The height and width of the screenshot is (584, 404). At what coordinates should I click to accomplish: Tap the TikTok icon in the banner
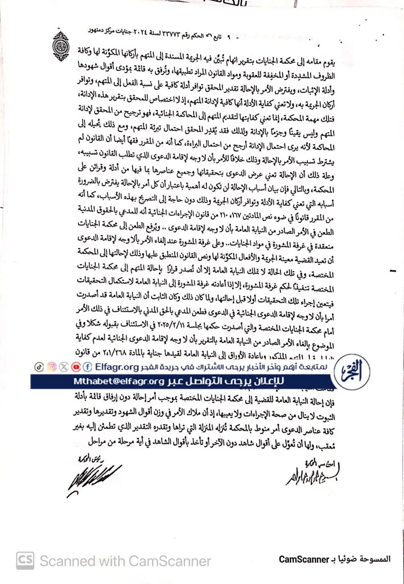pos(39,367)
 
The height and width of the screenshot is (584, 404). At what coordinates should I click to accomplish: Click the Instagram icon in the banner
pos(51,367)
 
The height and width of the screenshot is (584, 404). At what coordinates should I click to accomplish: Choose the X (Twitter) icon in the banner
pos(63,367)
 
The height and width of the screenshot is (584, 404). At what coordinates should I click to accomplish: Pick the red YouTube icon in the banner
pos(76,367)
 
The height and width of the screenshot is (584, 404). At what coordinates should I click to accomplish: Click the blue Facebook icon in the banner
pos(88,367)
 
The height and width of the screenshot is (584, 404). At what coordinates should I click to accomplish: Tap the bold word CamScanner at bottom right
pos(302,559)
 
